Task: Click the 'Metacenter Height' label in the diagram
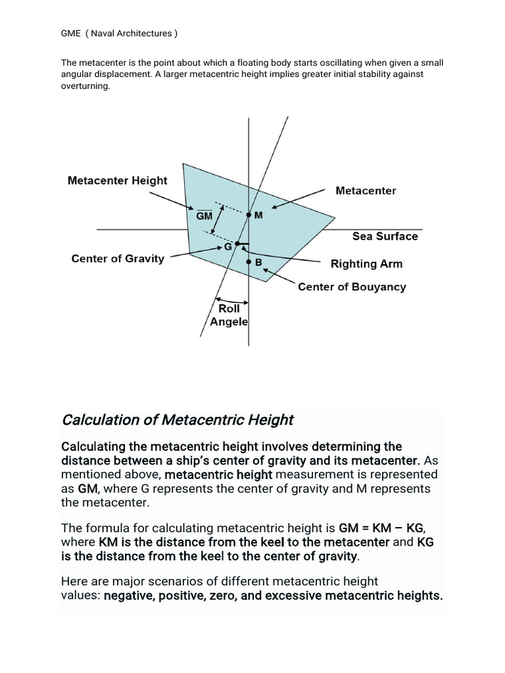tap(118, 180)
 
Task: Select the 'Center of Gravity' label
tap(118, 258)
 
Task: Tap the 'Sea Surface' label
tap(385, 236)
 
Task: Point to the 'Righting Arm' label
tap(366, 264)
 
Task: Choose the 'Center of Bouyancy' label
tap(352, 287)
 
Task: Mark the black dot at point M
tap(249, 215)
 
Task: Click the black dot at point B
tap(249, 262)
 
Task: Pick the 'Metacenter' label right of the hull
tap(366, 191)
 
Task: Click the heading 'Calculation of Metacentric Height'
tap(178, 419)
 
